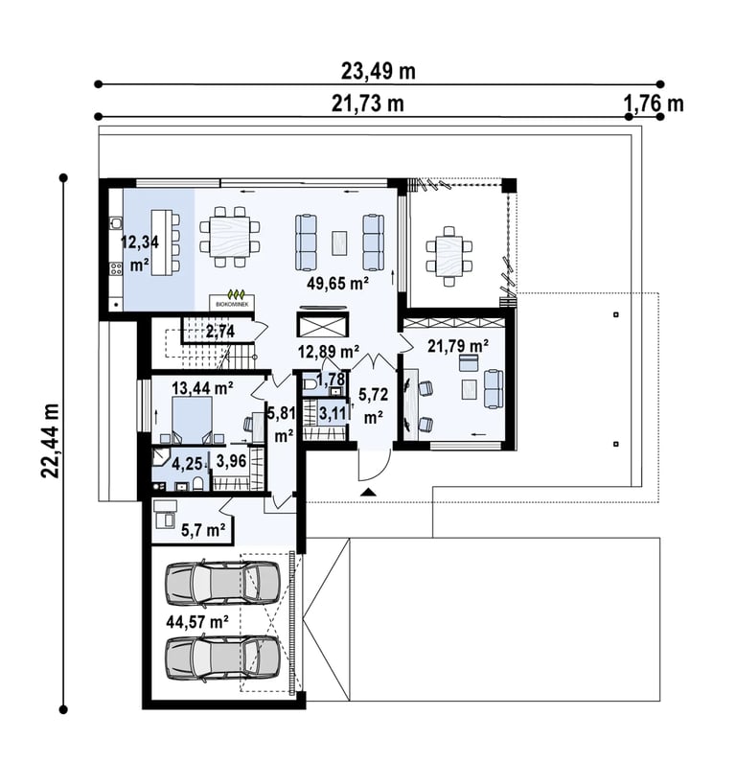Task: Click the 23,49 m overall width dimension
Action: pos(379,71)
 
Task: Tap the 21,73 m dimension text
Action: pos(368,104)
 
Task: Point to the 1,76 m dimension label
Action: pos(653,104)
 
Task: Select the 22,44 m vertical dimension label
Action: pos(50,441)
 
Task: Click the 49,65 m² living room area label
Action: pos(338,284)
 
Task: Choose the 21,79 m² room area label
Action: pos(458,346)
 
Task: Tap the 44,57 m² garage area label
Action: pos(197,621)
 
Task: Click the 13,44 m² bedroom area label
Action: pos(202,388)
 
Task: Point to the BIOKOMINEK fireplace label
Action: pos(232,304)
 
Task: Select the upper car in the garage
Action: pos(222,583)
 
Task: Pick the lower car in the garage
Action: pos(222,659)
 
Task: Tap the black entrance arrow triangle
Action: pos(369,492)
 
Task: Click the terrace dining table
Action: pos(448,256)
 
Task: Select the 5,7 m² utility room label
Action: pos(203,530)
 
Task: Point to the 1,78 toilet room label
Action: pos(331,378)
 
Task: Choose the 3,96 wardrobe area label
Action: pos(231,461)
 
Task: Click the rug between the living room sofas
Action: pos(339,242)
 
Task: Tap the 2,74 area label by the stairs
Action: pos(220,332)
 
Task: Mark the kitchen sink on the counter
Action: pos(116,223)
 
